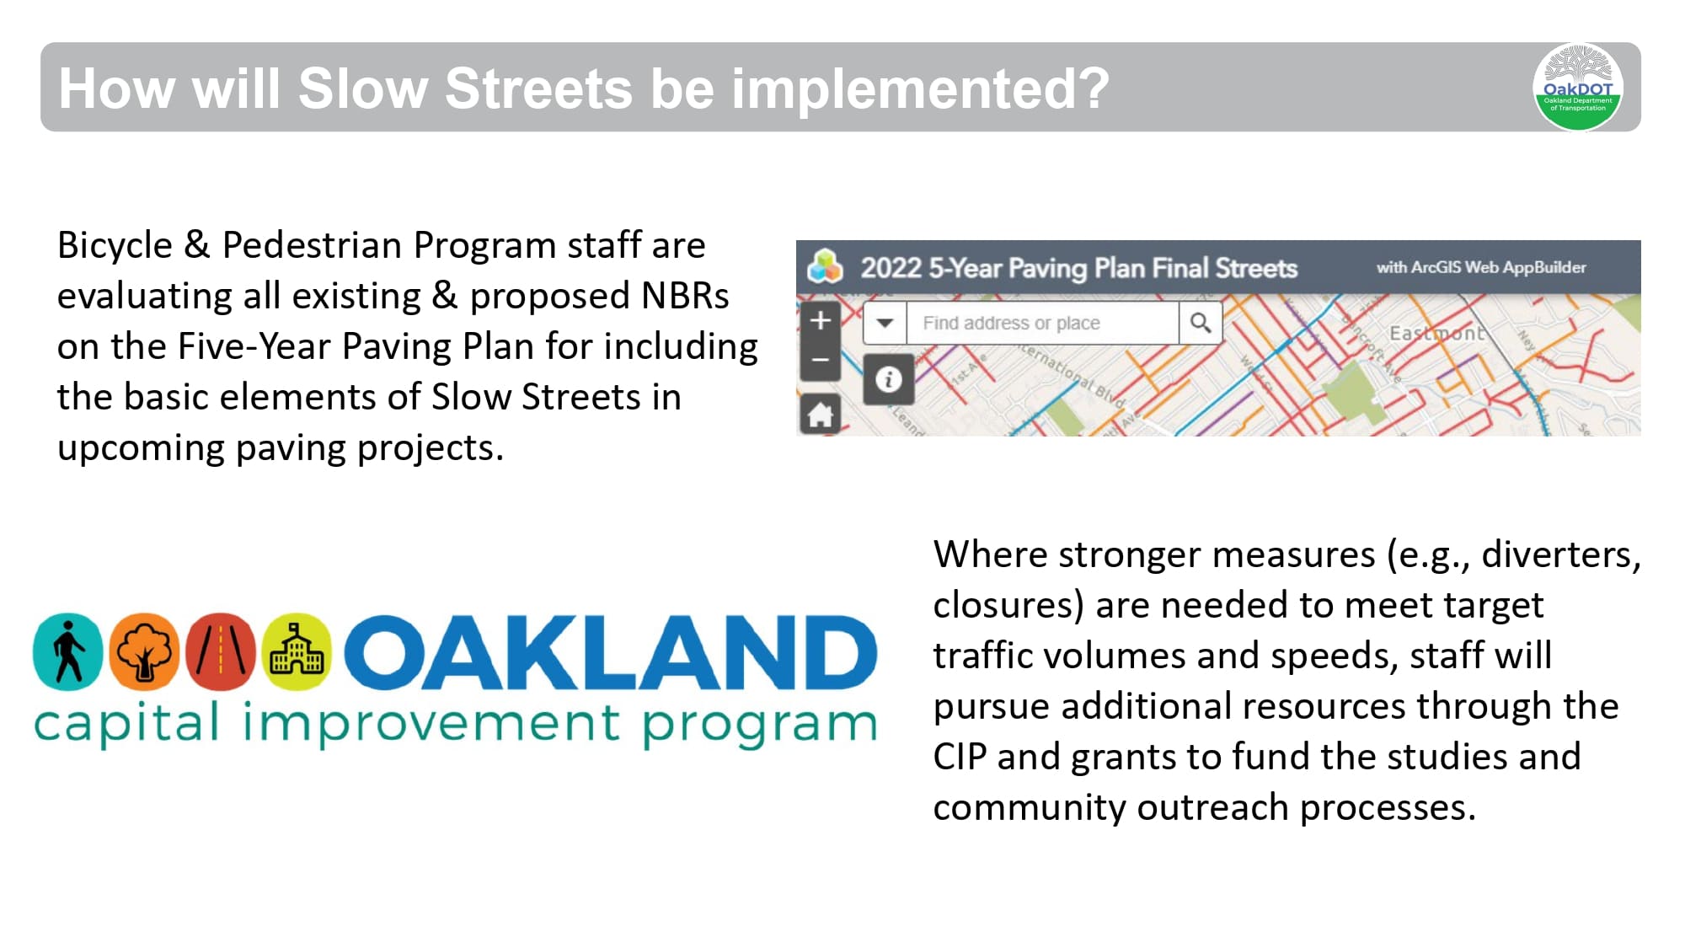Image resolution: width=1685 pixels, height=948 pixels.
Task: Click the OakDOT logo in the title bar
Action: click(1577, 87)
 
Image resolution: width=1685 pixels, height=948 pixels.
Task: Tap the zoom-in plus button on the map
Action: click(820, 320)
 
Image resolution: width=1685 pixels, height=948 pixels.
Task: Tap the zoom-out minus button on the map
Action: click(820, 360)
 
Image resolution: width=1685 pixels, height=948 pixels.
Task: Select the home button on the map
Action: click(820, 414)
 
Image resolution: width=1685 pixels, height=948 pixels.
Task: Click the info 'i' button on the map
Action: click(888, 379)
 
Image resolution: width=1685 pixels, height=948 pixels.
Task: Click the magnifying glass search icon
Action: click(1201, 323)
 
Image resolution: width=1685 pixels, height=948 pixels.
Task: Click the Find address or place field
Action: click(1041, 323)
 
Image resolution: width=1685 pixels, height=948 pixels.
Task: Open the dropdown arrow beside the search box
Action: click(885, 323)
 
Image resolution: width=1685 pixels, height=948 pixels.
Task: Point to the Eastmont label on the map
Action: click(1436, 333)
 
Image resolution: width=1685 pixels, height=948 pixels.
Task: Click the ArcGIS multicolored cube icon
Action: click(825, 267)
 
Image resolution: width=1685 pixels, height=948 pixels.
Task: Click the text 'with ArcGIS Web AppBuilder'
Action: click(1480, 267)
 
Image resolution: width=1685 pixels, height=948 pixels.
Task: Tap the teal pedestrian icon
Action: click(67, 651)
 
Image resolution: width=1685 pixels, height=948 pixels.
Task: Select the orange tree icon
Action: click(144, 651)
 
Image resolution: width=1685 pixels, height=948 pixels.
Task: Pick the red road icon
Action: click(221, 651)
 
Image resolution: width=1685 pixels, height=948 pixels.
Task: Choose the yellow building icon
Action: click(297, 651)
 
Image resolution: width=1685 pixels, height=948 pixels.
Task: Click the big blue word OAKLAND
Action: click(611, 652)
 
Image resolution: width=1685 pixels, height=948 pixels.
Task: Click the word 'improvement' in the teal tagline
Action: click(431, 723)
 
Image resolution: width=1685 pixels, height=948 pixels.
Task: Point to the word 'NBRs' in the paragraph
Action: click(684, 296)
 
